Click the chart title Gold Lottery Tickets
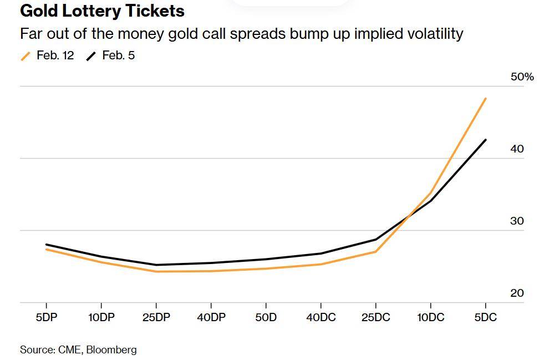pos(102,11)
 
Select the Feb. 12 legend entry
pos(54,55)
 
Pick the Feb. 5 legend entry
pos(118,55)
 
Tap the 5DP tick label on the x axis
pos(46,317)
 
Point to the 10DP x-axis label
pos(101,317)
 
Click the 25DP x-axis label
pos(156,317)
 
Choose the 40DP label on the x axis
pos(211,317)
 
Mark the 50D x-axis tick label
pos(266,317)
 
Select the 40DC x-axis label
pos(321,317)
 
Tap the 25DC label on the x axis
pos(375,317)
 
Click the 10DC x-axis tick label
pos(430,317)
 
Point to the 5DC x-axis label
pos(485,317)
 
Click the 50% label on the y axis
pos(522,77)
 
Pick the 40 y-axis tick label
pos(517,149)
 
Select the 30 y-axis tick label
pos(517,221)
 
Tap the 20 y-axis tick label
pos(517,293)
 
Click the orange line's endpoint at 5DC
pos(486,99)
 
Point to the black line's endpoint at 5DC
pos(486,140)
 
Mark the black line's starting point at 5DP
pos(46,245)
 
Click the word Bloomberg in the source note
pos(111,349)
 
